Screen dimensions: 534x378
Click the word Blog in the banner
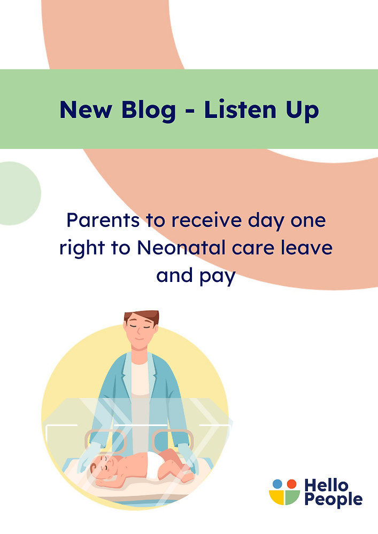coord(149,109)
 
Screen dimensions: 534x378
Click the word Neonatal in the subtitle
coord(182,248)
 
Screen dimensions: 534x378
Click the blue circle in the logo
coord(277,484)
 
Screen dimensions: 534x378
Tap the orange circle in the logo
coord(291,484)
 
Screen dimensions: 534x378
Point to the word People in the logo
coord(333,500)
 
